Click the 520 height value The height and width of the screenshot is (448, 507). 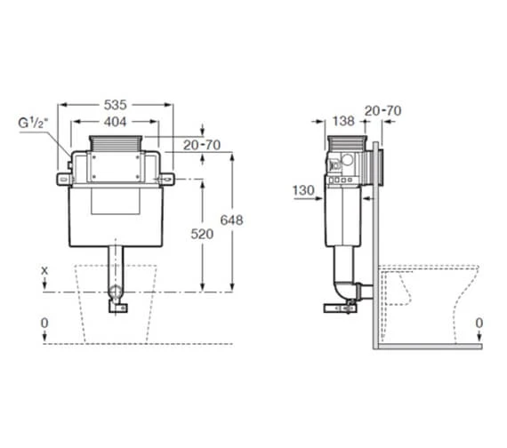(203, 234)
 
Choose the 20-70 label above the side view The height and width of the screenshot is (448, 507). (382, 110)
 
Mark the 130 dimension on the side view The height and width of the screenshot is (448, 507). (304, 191)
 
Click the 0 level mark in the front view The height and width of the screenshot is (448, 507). (44, 322)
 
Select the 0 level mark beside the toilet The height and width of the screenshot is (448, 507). (480, 322)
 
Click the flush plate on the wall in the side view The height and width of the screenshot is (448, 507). (381, 166)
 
